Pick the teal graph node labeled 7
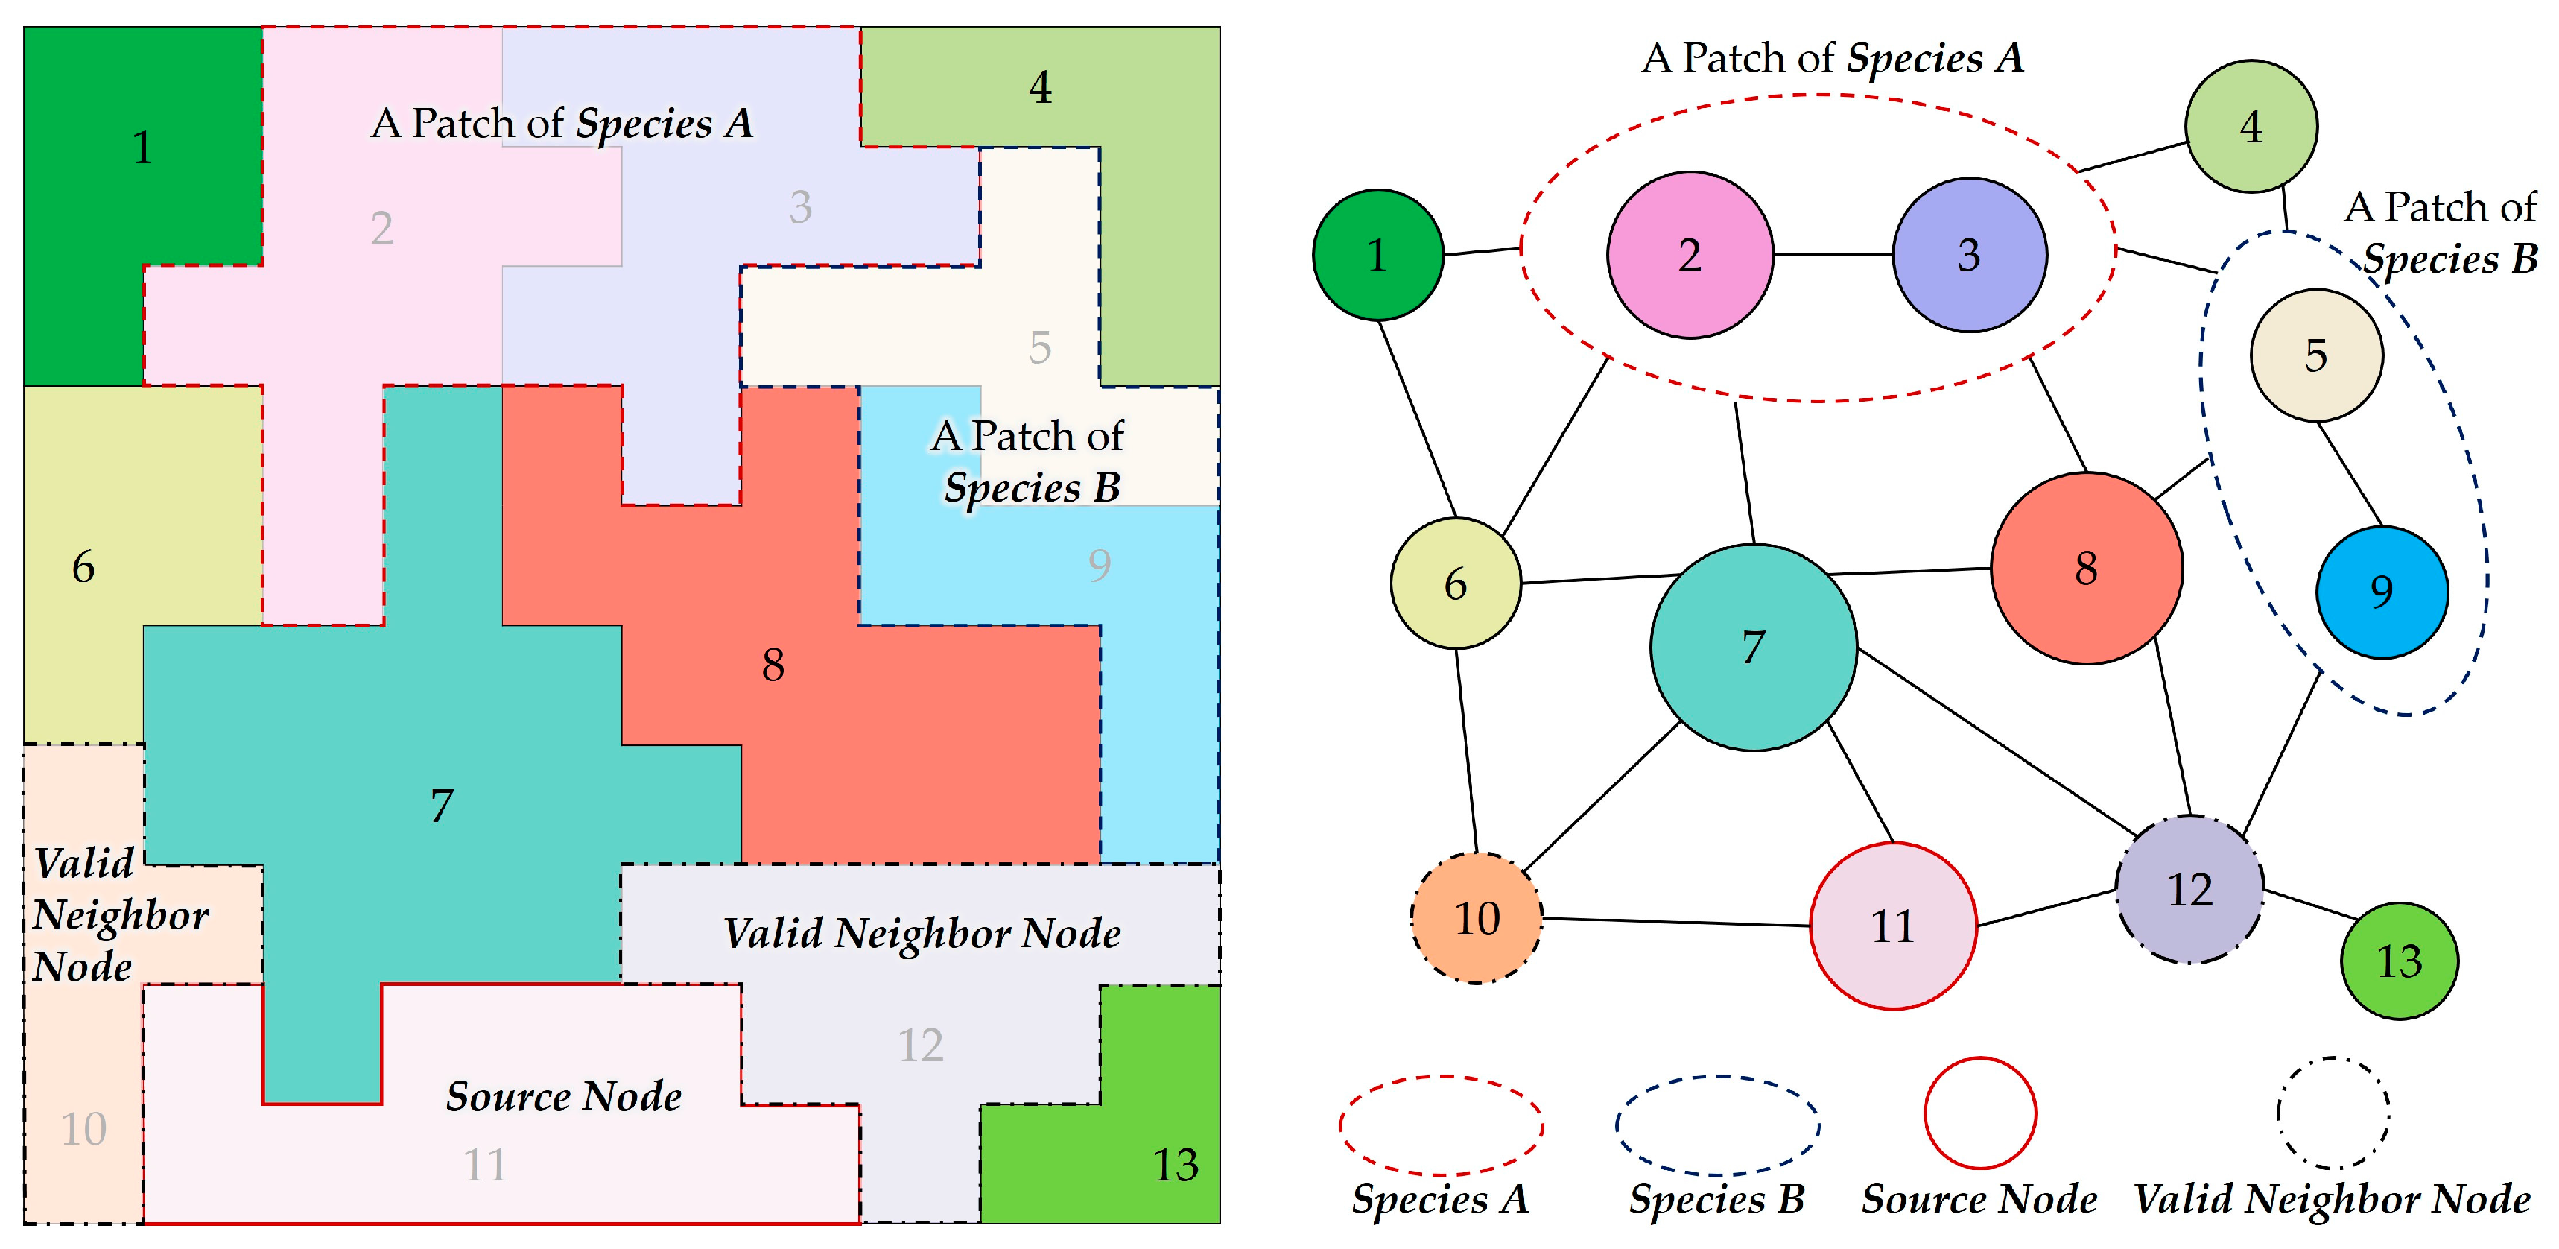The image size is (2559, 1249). click(1754, 647)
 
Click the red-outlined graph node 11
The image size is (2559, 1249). click(1892, 926)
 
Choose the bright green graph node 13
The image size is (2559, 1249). click(2399, 961)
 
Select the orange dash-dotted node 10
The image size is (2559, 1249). click(1477, 918)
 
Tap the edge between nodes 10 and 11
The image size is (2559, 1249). click(1676, 922)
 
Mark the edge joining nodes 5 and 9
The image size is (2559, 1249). click(2350, 474)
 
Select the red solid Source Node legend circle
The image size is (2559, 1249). click(1980, 1113)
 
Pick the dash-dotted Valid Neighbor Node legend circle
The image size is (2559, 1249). click(2333, 1113)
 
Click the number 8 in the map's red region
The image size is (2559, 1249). click(773, 665)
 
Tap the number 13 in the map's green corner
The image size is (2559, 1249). click(1175, 1165)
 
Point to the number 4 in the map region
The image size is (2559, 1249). click(1040, 87)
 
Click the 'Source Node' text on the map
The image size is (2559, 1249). click(563, 1096)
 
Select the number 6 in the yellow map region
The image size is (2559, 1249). click(83, 567)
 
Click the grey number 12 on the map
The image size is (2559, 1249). click(920, 1046)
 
